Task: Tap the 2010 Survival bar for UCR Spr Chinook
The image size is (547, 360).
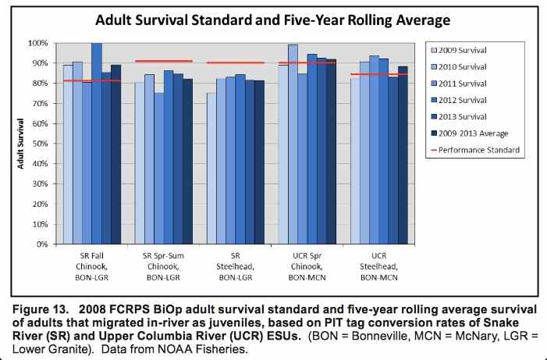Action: click(x=293, y=144)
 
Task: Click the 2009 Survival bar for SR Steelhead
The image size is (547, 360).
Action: click(x=211, y=168)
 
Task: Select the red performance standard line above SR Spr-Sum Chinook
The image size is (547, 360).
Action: click(x=164, y=61)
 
